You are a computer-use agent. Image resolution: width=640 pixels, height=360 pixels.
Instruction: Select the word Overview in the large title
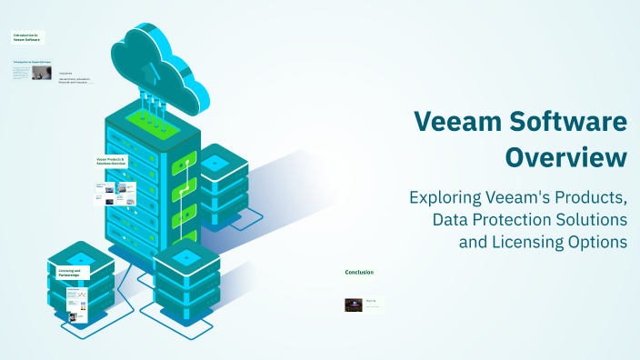click(x=565, y=156)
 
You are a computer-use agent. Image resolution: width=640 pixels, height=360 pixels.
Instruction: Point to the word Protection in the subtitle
click(x=528, y=220)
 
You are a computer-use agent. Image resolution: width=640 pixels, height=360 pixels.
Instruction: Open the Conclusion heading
click(x=359, y=272)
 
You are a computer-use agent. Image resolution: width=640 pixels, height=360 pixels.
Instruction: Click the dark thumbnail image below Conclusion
click(x=354, y=305)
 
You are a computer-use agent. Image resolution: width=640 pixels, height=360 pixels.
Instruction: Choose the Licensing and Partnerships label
click(x=69, y=272)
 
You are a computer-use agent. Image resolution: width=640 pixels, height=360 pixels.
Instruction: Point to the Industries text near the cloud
click(x=65, y=73)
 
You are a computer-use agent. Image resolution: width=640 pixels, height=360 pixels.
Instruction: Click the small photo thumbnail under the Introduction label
click(x=42, y=72)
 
